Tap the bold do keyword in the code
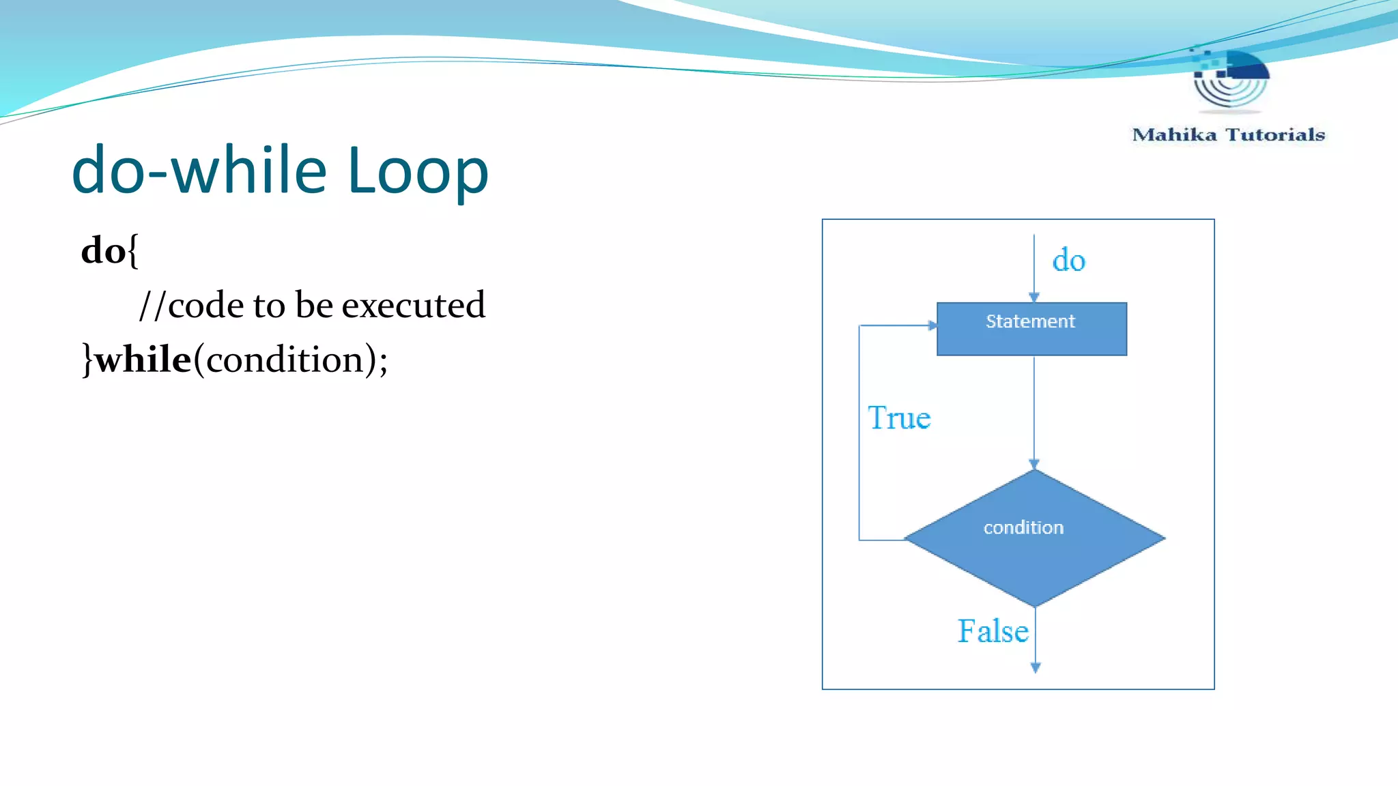[x=103, y=250]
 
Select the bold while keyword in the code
[x=143, y=360]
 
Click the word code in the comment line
[x=205, y=305]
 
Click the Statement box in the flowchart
[x=1031, y=329]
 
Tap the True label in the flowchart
[x=899, y=418]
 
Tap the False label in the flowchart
[x=993, y=631]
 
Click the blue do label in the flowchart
[x=1068, y=261]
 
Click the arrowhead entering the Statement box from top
[x=1033, y=297]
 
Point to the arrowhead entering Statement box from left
[x=932, y=325]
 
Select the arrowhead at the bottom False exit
[x=1035, y=668]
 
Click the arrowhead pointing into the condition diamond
[x=1033, y=465]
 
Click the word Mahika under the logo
[x=1174, y=135]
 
